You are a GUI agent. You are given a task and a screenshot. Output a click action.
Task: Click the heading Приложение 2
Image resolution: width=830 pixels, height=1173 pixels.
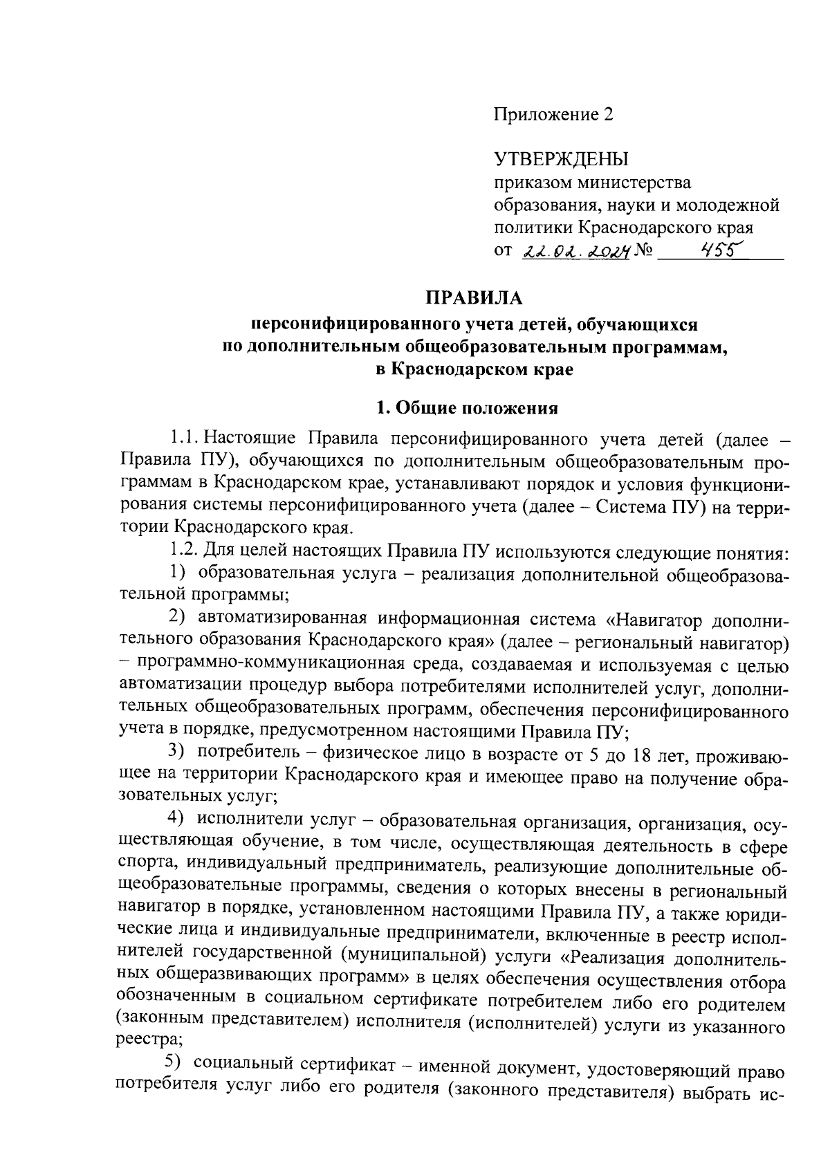pyautogui.click(x=553, y=114)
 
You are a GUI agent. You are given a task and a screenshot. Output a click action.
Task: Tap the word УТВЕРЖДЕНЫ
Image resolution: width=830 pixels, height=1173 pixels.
pyautogui.click(x=561, y=160)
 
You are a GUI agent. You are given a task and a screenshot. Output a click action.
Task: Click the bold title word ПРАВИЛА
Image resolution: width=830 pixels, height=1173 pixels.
pyautogui.click(x=474, y=298)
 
